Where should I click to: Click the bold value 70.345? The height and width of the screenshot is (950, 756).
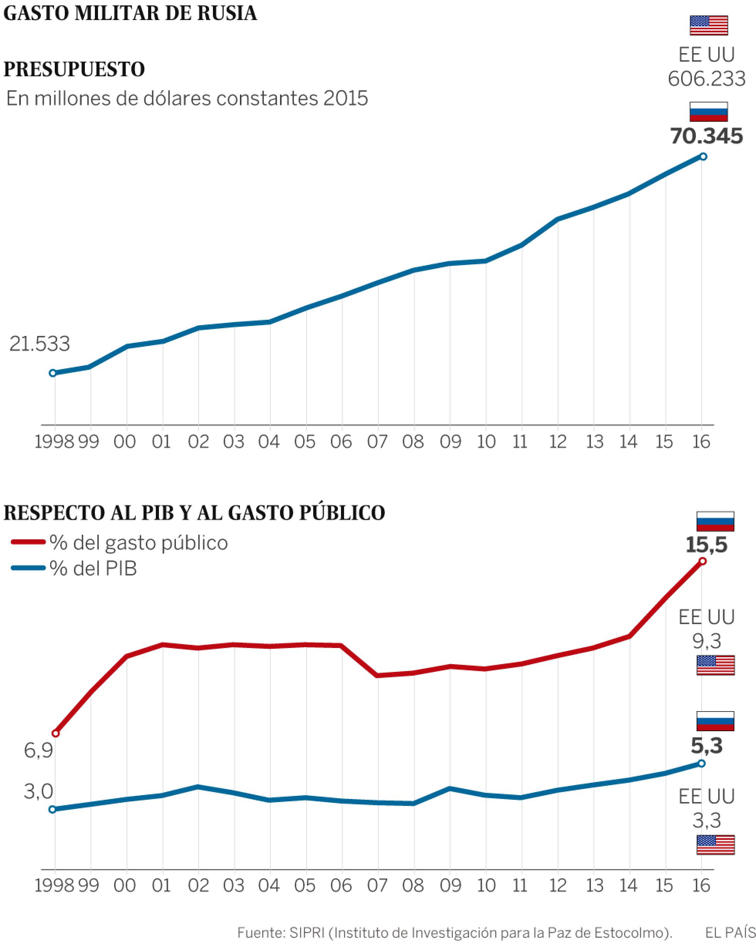(x=706, y=136)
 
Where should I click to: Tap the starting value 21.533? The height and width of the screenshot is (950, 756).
(x=40, y=344)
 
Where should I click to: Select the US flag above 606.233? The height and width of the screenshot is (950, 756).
(x=708, y=25)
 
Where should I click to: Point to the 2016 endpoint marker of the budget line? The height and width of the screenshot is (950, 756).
(x=703, y=156)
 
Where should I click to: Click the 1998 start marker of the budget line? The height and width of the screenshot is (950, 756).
(x=52, y=373)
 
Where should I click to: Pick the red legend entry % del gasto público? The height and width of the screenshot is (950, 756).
(x=119, y=542)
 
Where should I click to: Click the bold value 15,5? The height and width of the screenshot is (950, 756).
(x=706, y=545)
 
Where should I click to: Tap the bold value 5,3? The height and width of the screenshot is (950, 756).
(x=707, y=745)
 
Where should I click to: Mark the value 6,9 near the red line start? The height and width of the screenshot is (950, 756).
(x=38, y=750)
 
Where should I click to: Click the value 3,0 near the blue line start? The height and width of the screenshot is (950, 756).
(x=38, y=791)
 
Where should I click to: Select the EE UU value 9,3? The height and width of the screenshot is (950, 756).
(x=707, y=641)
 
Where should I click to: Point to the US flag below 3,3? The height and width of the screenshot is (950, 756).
(x=715, y=844)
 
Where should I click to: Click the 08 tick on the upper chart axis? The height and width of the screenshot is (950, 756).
(x=413, y=441)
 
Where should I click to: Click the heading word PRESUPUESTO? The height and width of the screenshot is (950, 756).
(x=74, y=69)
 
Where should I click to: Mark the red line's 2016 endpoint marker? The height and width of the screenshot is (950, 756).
(x=703, y=561)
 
